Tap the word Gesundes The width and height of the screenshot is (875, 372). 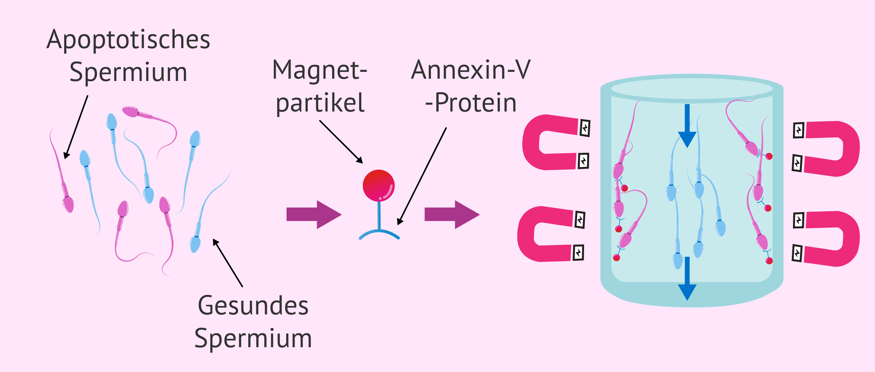pos(253,306)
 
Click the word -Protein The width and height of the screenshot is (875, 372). pos(471,102)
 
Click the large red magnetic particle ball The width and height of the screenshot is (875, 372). pos(378,186)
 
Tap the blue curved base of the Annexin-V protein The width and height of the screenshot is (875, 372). pos(379,232)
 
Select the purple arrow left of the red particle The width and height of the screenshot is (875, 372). pos(314,214)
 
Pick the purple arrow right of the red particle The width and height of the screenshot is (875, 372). pos(452,214)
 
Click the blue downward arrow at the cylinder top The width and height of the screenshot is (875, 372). pos(687,126)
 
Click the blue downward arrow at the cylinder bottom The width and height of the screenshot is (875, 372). pos(687,279)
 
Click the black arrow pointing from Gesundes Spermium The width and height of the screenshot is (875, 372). pos(228,263)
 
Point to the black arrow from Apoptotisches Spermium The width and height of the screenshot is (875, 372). pos(76,127)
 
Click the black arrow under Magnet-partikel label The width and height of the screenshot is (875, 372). pos(341,142)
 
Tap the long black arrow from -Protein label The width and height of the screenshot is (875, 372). pos(422,176)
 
